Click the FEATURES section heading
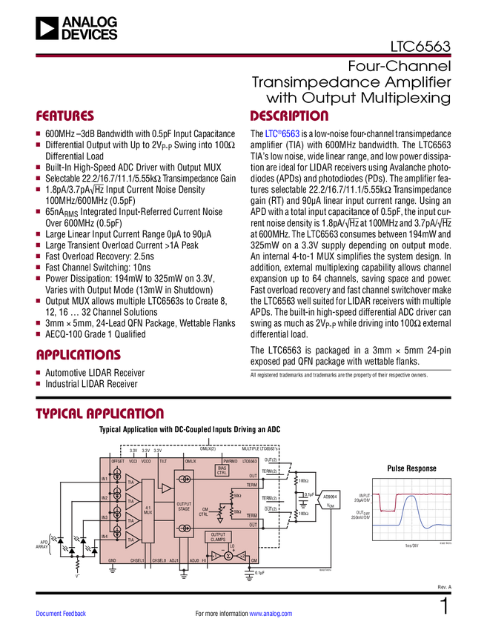coord(64,116)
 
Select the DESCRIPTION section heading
coord(289,116)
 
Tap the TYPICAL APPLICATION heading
coord(99,413)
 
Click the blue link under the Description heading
coord(282,134)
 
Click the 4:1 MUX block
coord(148,509)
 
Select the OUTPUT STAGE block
coord(184,507)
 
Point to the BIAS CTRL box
coord(222,470)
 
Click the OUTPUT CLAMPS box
coord(218,537)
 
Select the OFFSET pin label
coord(118,461)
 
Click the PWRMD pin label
coord(230,461)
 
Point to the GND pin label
coord(113,560)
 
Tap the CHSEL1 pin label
coord(138,560)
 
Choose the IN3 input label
coord(105,517)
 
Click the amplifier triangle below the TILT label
coord(166,489)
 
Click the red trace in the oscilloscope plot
coord(430,494)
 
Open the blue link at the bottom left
coord(62,614)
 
